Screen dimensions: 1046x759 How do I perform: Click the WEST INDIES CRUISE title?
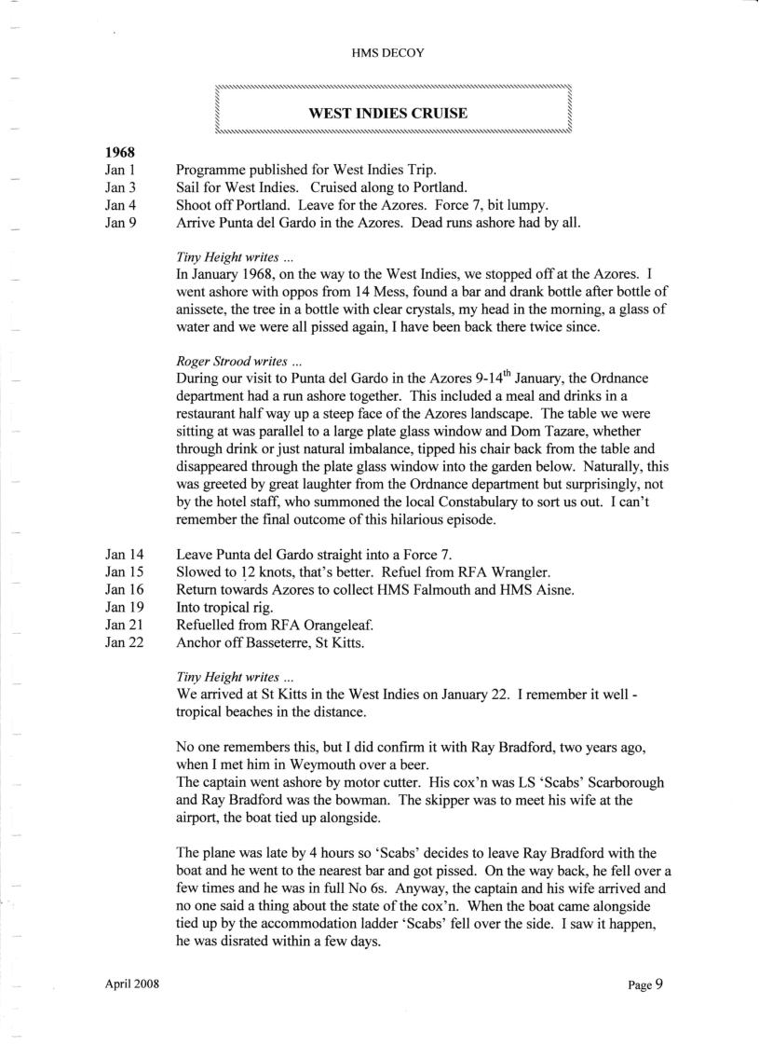[x=387, y=114]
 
